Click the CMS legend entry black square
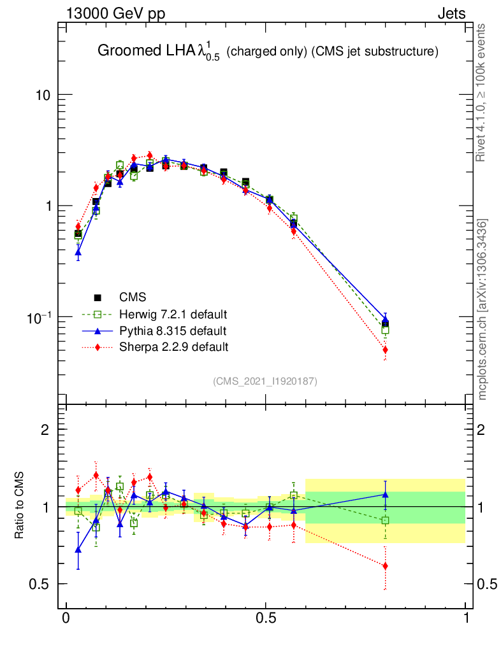coord(98,297)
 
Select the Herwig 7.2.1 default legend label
coord(173,315)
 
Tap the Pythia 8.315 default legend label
coord(172,331)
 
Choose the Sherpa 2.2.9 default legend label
coord(173,347)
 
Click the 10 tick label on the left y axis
coord(43,96)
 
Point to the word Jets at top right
coord(451,14)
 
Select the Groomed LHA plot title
coord(268,52)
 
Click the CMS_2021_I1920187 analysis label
coord(265,381)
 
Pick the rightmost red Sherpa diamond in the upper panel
coord(385,350)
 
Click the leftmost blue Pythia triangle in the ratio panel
coord(78,549)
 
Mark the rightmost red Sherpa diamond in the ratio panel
coord(385,566)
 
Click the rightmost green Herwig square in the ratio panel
coord(385,520)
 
